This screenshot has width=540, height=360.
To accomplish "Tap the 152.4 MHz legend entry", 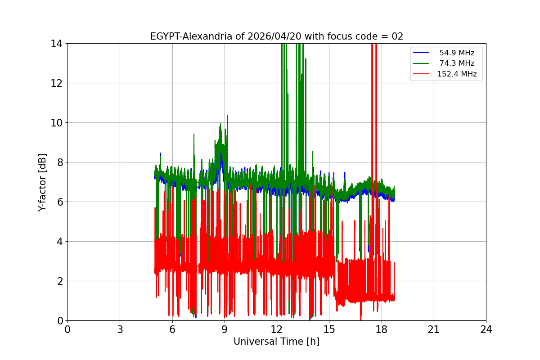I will pos(457,74).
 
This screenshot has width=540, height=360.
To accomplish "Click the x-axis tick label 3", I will pos(120,329).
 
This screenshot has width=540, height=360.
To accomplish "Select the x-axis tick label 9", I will pos(225,329).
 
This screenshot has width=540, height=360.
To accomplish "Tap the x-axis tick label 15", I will pos(329,329).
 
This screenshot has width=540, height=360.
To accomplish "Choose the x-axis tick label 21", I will pos(434,329).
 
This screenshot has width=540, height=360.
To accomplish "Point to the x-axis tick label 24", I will pos(486,329).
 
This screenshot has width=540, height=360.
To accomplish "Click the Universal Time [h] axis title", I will pos(276,342).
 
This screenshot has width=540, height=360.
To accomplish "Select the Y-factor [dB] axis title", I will pos(42,182).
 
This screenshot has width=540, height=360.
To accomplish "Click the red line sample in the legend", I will pos(422,74).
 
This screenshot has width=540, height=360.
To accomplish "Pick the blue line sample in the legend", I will pos(422,53).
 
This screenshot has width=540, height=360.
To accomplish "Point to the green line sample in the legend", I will pos(422,63).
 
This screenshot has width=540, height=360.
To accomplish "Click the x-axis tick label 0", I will pos(67,329).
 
